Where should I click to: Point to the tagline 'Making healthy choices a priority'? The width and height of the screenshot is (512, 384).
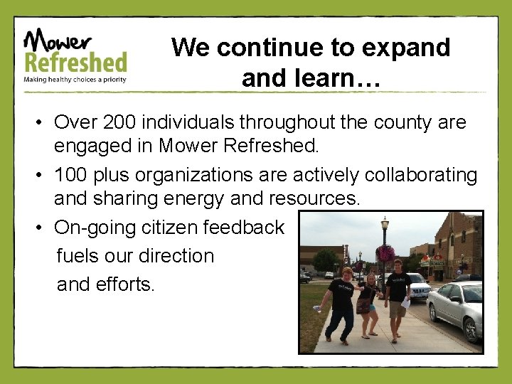pos(75,80)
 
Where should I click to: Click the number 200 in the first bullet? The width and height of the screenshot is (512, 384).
pos(122,122)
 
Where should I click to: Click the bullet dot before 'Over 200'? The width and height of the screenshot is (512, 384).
pos(43,123)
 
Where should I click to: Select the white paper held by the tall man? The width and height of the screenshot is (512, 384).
pos(405,302)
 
